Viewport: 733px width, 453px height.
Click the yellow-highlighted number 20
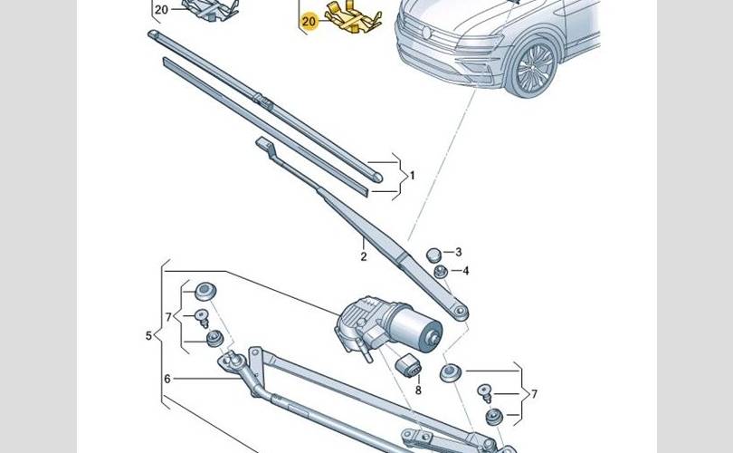click(309, 20)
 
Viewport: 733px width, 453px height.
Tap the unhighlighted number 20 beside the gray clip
click(161, 10)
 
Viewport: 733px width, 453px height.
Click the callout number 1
click(413, 174)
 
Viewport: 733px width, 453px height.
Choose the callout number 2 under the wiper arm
click(363, 257)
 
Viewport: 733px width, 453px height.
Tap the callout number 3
click(458, 252)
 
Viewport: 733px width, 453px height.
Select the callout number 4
click(465, 270)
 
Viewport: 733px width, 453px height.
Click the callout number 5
click(148, 336)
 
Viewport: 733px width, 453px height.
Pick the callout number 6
click(167, 379)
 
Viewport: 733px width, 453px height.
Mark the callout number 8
click(418, 390)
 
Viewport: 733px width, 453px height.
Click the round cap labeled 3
click(433, 253)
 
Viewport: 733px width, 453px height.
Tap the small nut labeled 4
click(440, 271)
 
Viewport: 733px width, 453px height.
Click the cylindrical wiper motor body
click(416, 325)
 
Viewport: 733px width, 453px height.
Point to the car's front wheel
click(533, 69)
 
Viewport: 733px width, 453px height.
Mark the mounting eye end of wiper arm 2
click(461, 313)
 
